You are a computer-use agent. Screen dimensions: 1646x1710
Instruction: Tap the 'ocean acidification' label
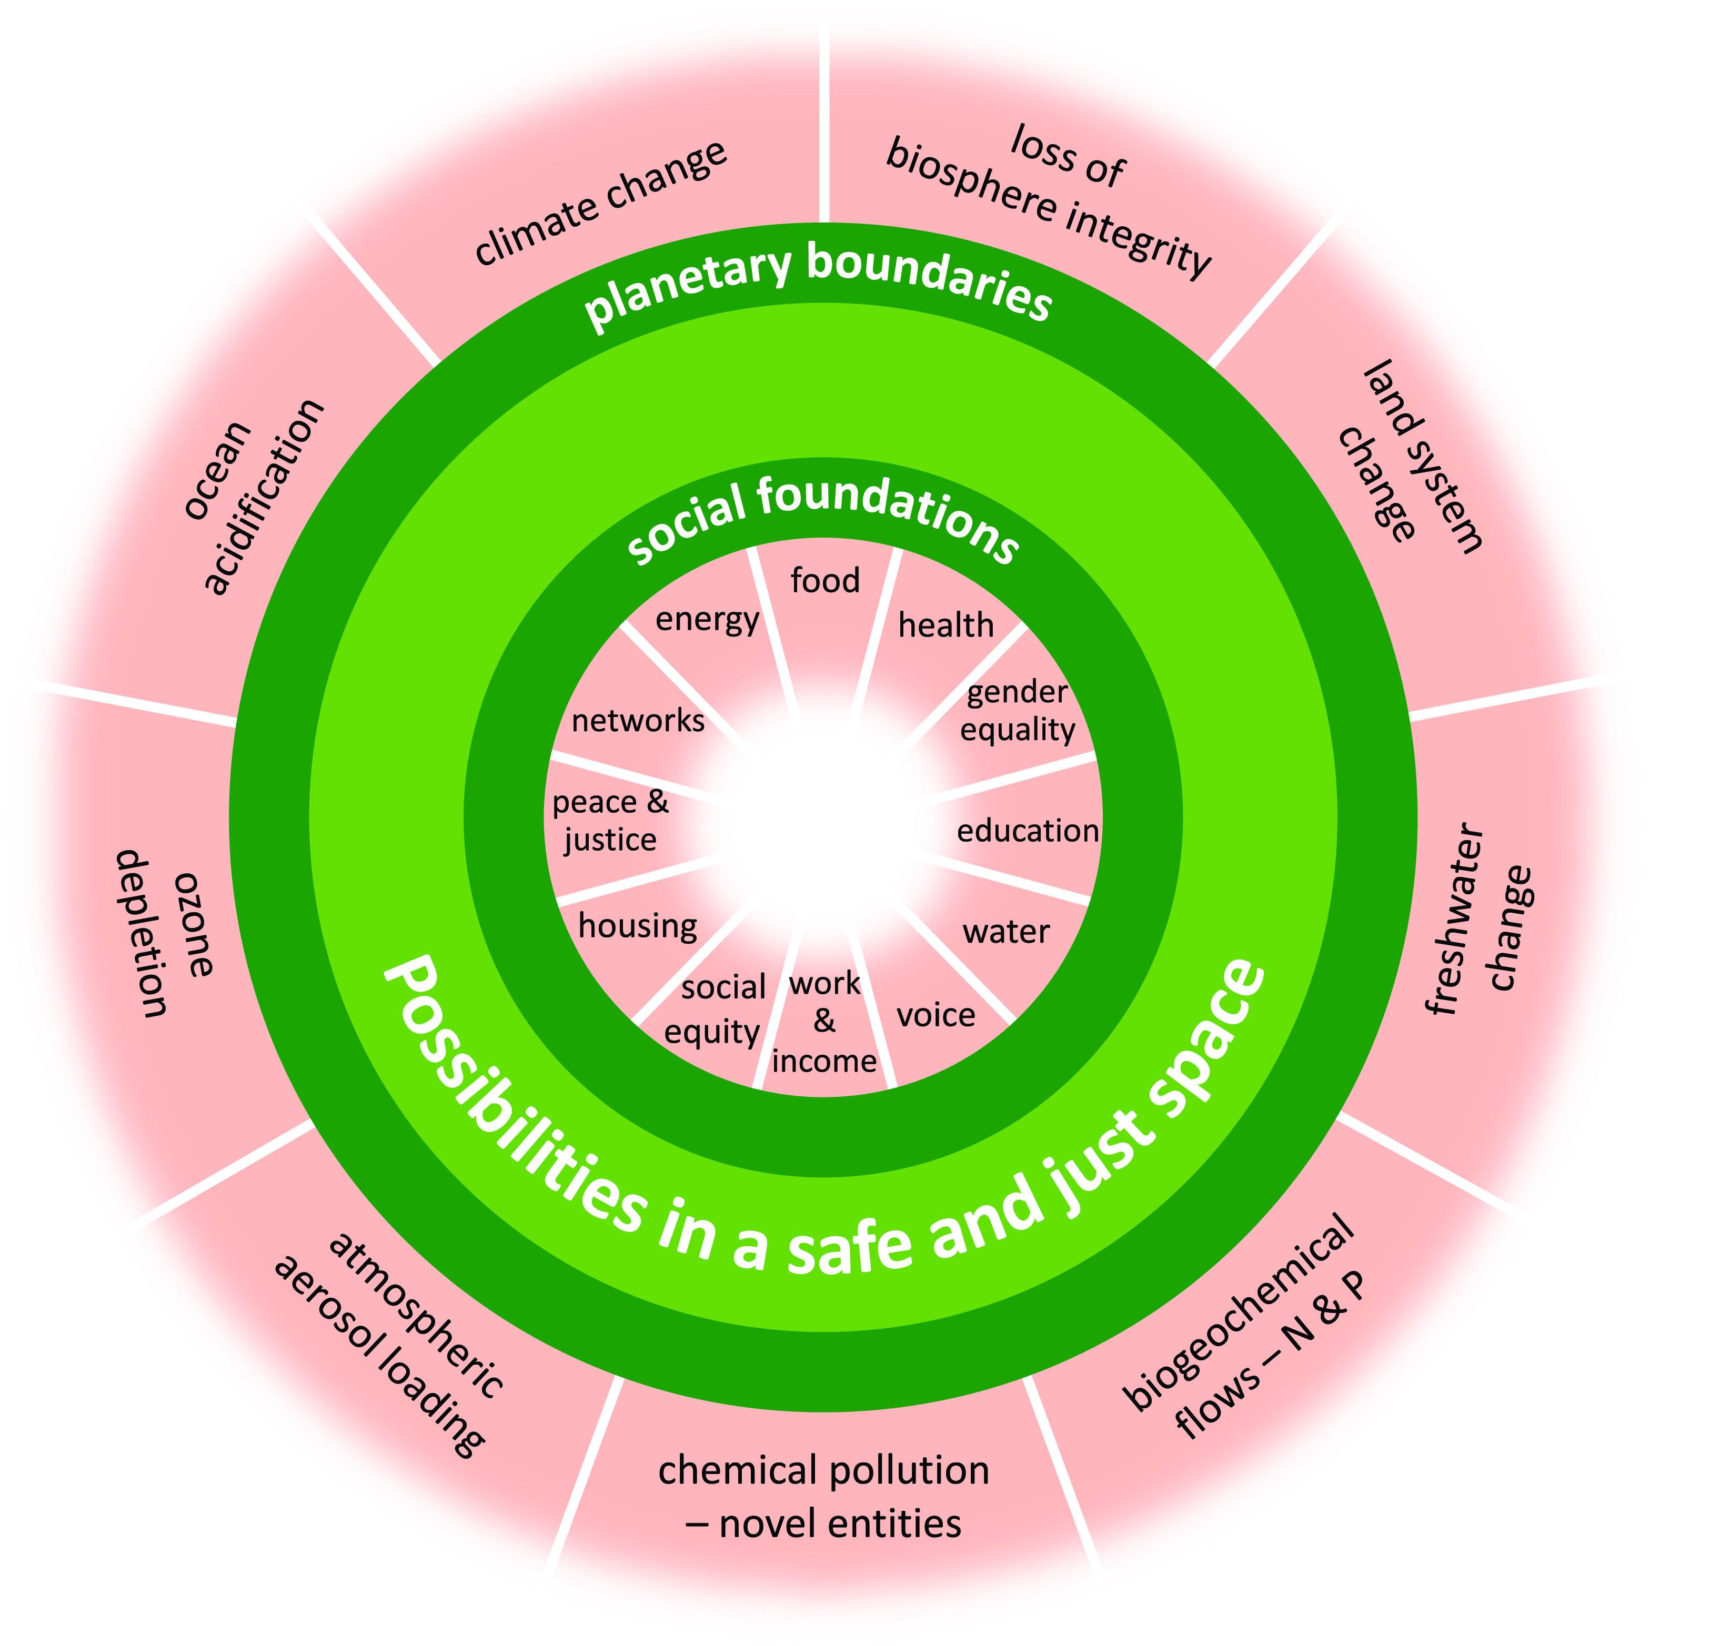coord(253,497)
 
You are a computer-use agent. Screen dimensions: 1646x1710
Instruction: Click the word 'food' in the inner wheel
coord(824,580)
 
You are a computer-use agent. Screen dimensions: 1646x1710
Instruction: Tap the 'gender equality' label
coord(1017,711)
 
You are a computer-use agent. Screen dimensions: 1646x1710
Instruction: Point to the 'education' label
coord(1027,831)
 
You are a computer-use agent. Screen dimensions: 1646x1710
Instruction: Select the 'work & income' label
coord(824,1022)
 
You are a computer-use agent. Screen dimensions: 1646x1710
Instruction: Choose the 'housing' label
coord(638,925)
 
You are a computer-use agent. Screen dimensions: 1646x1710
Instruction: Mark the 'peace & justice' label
coord(611,820)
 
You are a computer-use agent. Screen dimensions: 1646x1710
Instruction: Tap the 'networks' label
coord(638,721)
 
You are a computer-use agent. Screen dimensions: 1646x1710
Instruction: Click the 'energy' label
coord(708,619)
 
